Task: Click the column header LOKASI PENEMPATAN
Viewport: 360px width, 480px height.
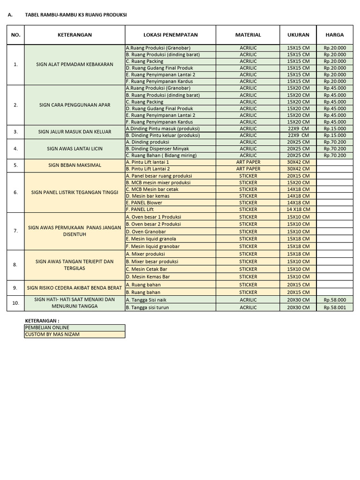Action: tap(170, 35)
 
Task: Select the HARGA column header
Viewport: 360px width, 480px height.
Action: tap(334, 35)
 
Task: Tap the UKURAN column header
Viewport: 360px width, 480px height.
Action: tap(298, 35)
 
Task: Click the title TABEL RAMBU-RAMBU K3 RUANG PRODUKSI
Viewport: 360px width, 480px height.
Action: tap(75, 15)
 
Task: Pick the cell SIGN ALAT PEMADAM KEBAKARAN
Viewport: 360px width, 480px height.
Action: tap(75, 64)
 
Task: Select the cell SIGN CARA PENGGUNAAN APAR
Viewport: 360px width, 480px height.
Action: tap(75, 105)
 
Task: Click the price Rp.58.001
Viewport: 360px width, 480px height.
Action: tap(335, 307)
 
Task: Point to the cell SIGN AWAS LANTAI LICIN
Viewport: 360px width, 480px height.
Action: tap(75, 149)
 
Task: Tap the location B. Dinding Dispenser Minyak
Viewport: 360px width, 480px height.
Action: tap(157, 149)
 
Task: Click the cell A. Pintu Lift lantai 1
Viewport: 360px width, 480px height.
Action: tap(148, 162)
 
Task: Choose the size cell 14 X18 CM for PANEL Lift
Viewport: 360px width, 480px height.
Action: tap(298, 209)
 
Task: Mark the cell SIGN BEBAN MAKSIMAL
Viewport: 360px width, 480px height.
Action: tap(75, 165)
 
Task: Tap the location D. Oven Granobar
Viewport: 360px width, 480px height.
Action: tap(146, 232)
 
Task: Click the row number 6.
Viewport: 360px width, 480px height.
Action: tap(15, 192)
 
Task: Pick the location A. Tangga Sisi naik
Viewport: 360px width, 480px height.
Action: tap(146, 300)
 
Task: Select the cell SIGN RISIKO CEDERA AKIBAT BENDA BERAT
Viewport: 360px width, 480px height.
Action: tap(75, 288)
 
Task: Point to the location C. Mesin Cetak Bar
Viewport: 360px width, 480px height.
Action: tap(147, 269)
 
